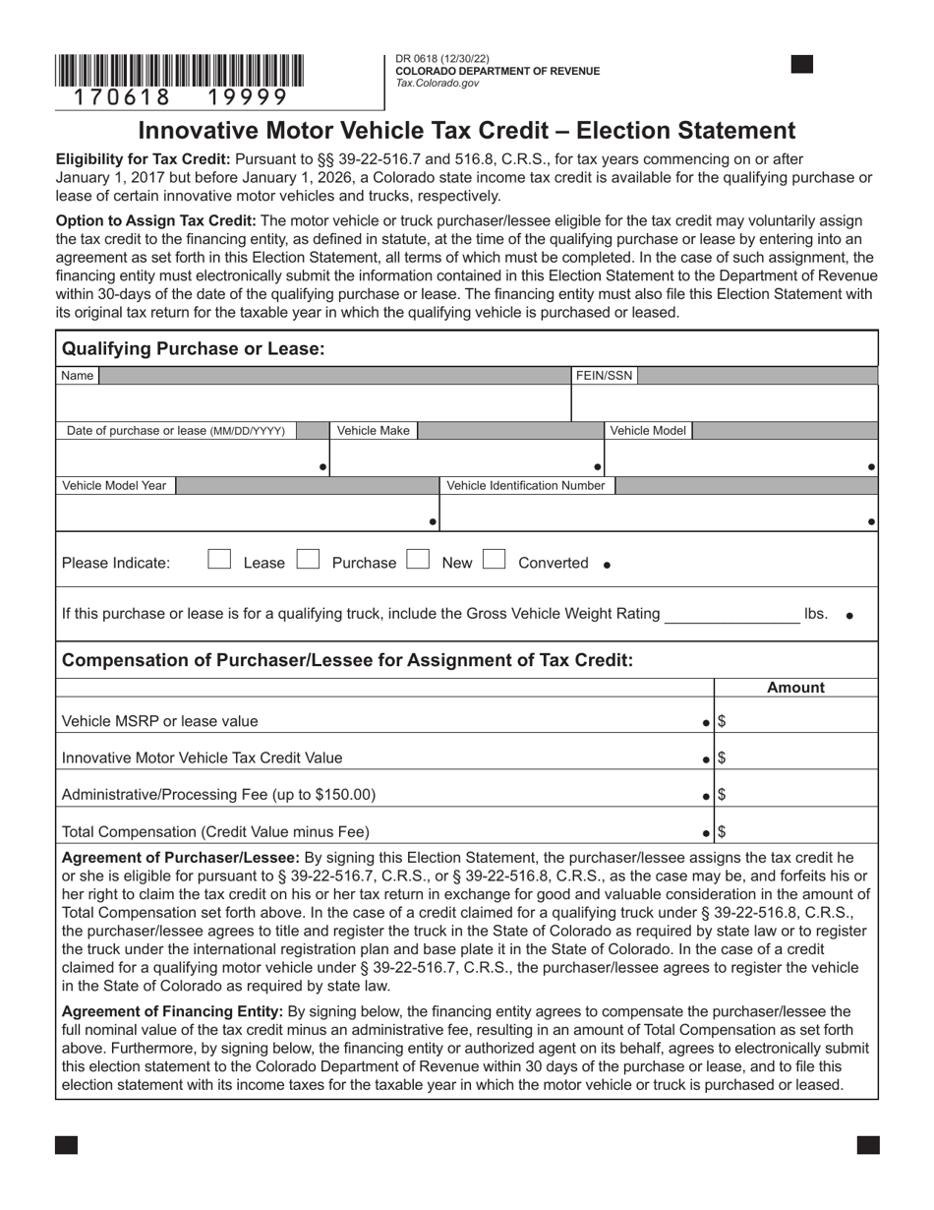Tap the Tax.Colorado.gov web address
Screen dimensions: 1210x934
pos(438,84)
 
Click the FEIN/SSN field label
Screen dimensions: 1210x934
pos(605,375)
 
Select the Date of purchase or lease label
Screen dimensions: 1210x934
pos(176,431)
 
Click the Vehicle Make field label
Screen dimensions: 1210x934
pos(374,431)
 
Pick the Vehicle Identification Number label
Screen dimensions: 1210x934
pos(526,486)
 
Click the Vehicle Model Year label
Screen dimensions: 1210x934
pos(114,486)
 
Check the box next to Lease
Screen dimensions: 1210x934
pos(219,560)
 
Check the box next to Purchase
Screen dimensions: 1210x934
pos(309,560)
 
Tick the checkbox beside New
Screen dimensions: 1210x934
pos(419,560)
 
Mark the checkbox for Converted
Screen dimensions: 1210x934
pos(495,560)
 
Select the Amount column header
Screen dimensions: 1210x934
pos(795,688)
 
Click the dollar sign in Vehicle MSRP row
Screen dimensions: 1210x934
pos(722,721)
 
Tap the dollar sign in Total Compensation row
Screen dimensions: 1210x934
pos(722,831)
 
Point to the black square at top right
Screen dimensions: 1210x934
pos(802,65)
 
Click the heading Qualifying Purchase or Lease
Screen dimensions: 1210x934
pos(193,348)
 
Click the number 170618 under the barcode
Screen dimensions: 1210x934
pos(114,97)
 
